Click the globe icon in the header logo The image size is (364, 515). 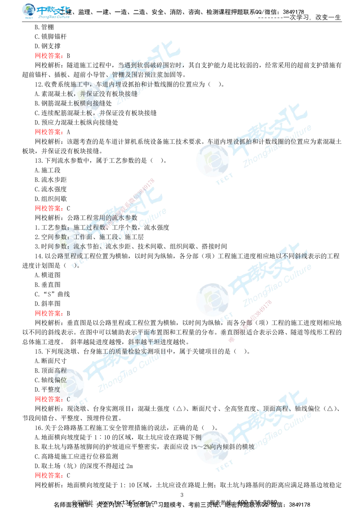click(x=28, y=11)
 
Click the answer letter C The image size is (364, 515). click(x=68, y=400)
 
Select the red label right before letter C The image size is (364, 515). click(x=49, y=400)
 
